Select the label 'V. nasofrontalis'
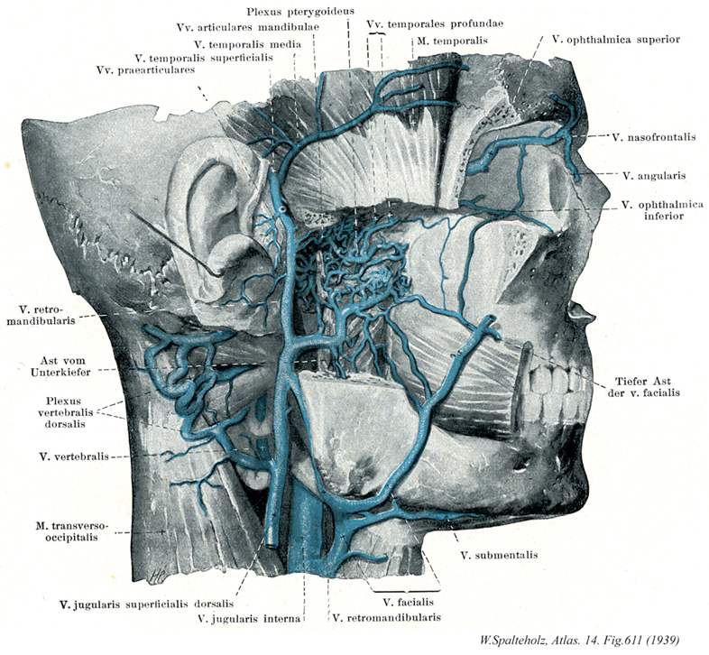point(647,137)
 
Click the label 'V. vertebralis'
point(72,457)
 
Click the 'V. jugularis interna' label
point(248,619)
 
